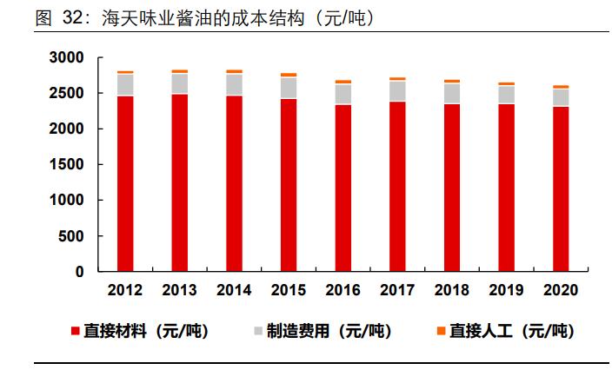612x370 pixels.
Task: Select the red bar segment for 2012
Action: tap(125, 183)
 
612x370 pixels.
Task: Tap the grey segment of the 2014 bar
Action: tap(234, 84)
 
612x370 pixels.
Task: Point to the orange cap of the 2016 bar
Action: tap(343, 82)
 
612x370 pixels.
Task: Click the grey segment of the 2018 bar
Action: tap(451, 93)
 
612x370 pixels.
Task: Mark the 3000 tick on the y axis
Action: tap(68, 57)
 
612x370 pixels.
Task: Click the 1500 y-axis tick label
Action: tap(68, 164)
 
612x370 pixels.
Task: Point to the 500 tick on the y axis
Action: tap(72, 235)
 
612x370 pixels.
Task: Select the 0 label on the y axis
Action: tap(80, 272)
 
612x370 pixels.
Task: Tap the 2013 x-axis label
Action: tap(179, 290)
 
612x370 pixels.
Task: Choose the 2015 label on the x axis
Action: tap(288, 290)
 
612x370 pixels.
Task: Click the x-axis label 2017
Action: tap(397, 290)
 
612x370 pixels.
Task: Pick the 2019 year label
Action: tap(506, 290)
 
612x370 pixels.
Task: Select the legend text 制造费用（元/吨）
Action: tap(328, 331)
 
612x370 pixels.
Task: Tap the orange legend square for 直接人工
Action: tap(441, 331)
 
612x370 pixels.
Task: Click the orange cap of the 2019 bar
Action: tap(506, 84)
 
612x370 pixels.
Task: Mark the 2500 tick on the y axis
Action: tap(68, 93)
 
